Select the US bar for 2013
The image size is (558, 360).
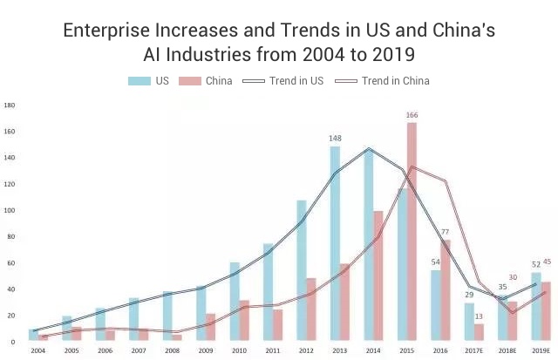click(335, 243)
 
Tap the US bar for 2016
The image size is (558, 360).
click(436, 305)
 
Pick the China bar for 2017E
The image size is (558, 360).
click(479, 332)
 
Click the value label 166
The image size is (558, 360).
click(412, 115)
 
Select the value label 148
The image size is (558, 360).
click(335, 139)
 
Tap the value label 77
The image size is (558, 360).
click(445, 232)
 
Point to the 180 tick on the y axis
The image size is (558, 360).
click(10, 105)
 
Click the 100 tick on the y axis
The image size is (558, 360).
click(10, 210)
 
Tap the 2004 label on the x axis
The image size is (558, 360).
click(37, 350)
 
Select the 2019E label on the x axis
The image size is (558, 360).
click(541, 350)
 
